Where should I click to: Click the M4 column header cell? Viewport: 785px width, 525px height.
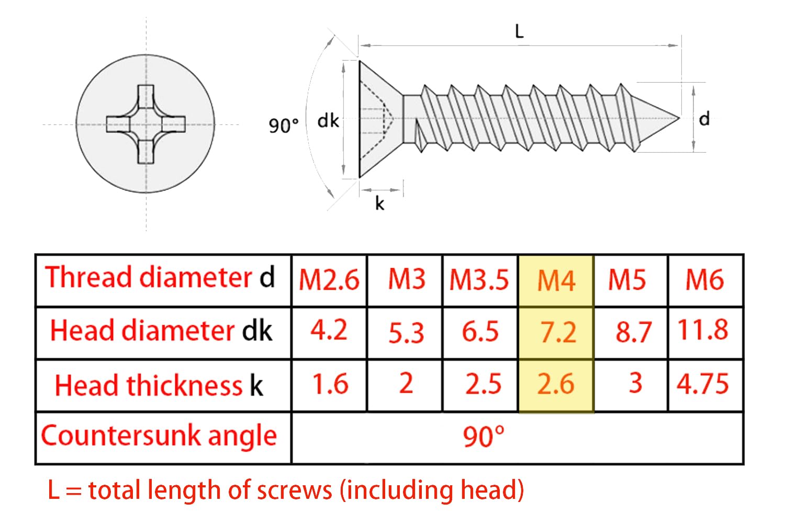tap(556, 280)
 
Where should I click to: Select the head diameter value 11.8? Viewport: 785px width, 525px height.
tap(703, 330)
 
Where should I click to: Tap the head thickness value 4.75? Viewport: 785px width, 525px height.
tap(703, 384)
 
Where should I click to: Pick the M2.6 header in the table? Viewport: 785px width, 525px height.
tap(329, 280)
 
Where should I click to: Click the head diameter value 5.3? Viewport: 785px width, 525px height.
tap(406, 333)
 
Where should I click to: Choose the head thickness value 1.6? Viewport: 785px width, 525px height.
tap(330, 384)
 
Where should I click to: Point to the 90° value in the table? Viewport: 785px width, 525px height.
tap(484, 437)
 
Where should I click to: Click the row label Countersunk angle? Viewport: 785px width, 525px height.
tap(159, 437)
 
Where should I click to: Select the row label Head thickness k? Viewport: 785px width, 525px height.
tap(159, 385)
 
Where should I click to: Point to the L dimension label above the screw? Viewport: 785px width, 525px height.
tap(519, 31)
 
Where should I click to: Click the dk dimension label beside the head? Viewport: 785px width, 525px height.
tap(328, 121)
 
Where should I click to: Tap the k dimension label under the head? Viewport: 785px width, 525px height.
tap(379, 203)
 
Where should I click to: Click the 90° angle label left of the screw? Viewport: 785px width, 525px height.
tap(284, 125)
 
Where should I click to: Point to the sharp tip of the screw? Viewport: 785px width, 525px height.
tap(679, 118)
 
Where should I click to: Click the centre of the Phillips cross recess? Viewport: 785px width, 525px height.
tap(146, 124)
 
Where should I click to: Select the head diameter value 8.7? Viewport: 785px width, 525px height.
tap(634, 332)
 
